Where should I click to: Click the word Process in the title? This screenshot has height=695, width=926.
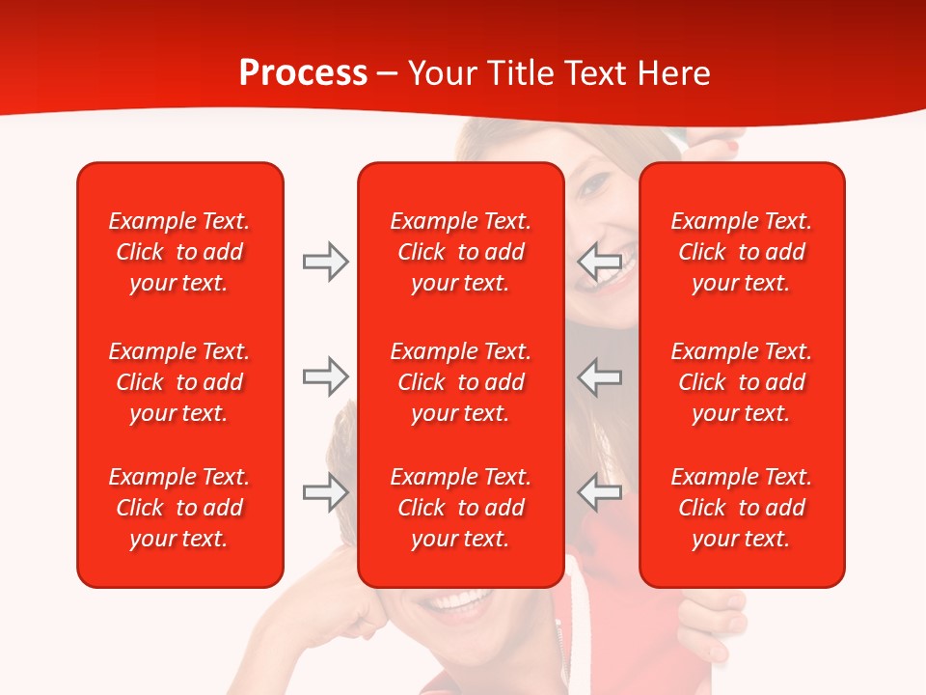303,73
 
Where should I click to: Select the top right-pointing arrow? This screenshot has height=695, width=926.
325,261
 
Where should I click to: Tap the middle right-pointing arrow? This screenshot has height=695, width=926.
325,376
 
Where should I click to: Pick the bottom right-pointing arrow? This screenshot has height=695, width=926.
325,492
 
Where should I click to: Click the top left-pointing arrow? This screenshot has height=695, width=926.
600,261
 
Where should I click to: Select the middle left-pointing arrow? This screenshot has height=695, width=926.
600,376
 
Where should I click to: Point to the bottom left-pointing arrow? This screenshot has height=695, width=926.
600,492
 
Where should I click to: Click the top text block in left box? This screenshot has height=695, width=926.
179,252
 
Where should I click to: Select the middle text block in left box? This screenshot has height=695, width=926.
179,382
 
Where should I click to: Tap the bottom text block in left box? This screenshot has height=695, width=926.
179,508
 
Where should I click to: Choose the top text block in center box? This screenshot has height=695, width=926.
460,252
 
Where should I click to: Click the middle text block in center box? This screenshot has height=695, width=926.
460,382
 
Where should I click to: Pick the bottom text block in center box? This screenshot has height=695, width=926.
460,508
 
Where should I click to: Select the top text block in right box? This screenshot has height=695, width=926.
741,252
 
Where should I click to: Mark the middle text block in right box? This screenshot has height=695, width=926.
741,382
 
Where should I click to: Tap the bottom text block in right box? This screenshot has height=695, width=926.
741,508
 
